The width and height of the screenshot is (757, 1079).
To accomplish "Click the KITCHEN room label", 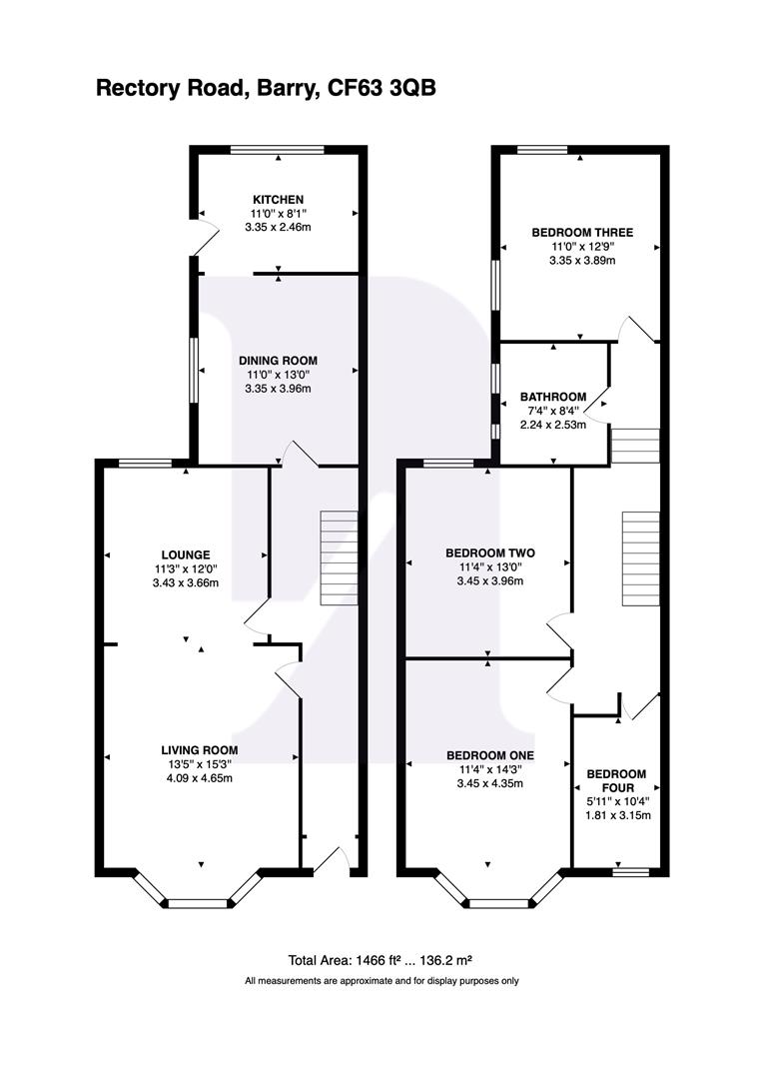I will (278, 200).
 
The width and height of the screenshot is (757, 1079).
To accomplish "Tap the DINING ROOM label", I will (278, 361).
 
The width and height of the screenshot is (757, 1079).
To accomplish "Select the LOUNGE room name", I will (186, 554).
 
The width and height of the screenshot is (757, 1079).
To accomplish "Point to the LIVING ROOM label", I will (200, 749).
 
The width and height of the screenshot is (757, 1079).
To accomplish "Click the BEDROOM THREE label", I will (581, 233).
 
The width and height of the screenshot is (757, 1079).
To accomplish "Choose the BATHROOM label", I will (553, 397).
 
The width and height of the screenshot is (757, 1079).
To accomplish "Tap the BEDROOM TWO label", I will (489, 552).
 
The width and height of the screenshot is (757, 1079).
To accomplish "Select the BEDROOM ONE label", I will (489, 754).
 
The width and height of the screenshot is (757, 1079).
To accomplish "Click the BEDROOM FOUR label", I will (616, 780).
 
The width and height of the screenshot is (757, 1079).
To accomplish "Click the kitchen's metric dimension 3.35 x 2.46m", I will (278, 228).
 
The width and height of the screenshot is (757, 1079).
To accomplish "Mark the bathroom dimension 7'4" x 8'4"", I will (553, 411).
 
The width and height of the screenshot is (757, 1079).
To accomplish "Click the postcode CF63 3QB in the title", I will (381, 88).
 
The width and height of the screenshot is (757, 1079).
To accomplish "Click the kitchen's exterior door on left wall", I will (204, 238).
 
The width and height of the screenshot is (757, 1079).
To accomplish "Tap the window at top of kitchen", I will (278, 151).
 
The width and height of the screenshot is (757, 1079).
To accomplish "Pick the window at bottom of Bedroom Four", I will (630, 871).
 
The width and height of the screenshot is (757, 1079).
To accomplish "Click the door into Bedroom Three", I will (635, 330).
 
